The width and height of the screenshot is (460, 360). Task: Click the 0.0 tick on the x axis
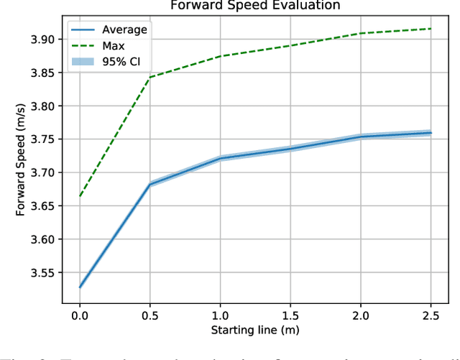pos(80,314)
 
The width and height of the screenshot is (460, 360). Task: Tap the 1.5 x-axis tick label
pos(290,314)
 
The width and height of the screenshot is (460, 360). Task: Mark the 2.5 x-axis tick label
pos(431,314)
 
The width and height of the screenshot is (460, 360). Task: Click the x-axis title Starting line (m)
pos(255,330)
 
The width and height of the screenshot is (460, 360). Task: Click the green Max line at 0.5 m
pos(149,77)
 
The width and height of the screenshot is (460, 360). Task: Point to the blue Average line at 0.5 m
pos(149,185)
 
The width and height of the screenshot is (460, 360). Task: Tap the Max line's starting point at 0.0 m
pos(80,196)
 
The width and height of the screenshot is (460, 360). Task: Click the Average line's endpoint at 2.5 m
pos(431,133)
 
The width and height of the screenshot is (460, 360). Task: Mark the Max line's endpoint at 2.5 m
pos(431,29)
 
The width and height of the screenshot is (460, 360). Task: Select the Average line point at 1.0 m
pos(220,158)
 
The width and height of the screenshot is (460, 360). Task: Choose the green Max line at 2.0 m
pos(361,33)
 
